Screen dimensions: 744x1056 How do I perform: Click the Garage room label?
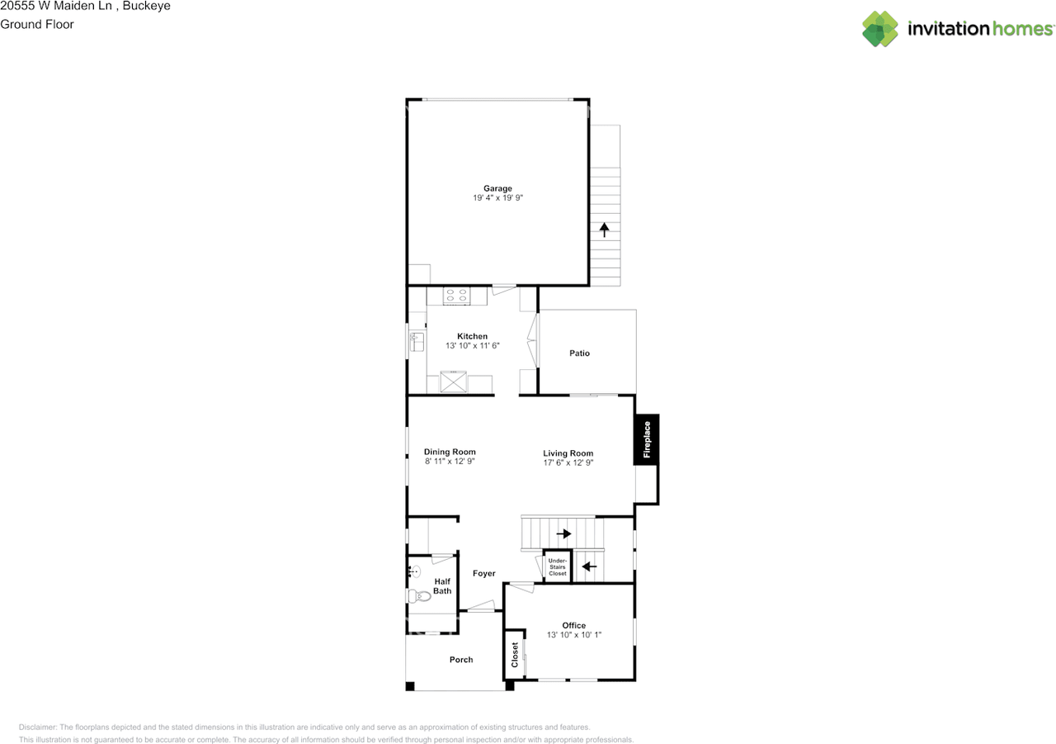tap(497, 188)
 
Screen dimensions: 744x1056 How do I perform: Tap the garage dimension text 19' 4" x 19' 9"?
tap(497, 198)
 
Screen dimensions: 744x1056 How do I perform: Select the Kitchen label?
tap(472, 336)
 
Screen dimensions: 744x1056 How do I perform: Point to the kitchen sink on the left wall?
tap(416, 340)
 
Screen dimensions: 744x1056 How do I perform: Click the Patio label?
tap(579, 353)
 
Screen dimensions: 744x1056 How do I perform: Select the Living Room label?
tap(568, 453)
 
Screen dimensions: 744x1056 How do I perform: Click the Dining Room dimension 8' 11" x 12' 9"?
tap(450, 462)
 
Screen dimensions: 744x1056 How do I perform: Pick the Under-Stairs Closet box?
tap(557, 566)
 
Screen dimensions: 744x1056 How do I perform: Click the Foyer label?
tap(483, 573)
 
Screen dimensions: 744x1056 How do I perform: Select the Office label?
tap(573, 625)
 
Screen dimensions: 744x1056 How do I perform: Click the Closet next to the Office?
tap(515, 655)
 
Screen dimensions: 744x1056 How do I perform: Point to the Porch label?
tap(461, 660)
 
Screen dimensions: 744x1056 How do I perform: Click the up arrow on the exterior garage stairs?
tap(605, 230)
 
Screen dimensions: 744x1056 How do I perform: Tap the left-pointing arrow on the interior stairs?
tap(589, 566)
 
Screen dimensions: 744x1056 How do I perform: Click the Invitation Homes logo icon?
tap(879, 29)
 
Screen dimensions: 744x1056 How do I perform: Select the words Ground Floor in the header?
tap(37, 24)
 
